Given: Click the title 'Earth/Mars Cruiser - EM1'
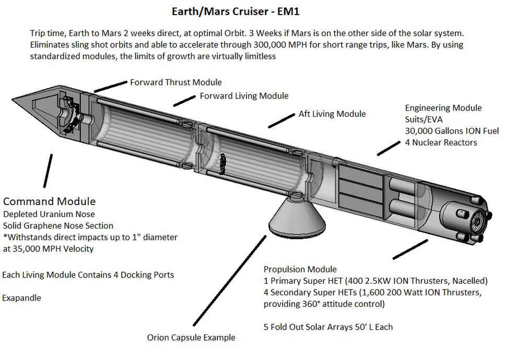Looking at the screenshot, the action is (x=236, y=12).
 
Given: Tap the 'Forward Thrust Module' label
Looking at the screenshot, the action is (x=176, y=82).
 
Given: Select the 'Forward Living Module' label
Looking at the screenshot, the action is (x=244, y=96).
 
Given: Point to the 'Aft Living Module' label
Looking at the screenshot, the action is (x=332, y=114).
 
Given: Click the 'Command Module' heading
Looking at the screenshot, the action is (x=50, y=201).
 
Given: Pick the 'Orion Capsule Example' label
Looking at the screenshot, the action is (x=191, y=338).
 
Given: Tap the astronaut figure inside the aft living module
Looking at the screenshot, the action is (x=223, y=164).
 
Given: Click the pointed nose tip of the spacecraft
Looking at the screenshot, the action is (x=13, y=99).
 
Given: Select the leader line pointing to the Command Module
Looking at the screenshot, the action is (x=48, y=171).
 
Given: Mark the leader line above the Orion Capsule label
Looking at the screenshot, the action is (x=230, y=281).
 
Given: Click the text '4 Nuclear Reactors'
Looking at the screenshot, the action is (x=441, y=142).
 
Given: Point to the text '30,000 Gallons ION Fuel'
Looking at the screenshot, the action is (x=452, y=131).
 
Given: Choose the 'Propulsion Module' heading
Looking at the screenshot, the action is (x=300, y=269).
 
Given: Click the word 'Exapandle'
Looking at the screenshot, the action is (x=22, y=298).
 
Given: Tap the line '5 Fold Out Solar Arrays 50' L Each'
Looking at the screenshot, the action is (x=328, y=327).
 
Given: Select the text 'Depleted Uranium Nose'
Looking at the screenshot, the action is (x=49, y=214).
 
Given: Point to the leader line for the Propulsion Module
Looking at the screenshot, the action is (x=410, y=249).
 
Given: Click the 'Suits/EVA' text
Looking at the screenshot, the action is (x=424, y=119).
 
